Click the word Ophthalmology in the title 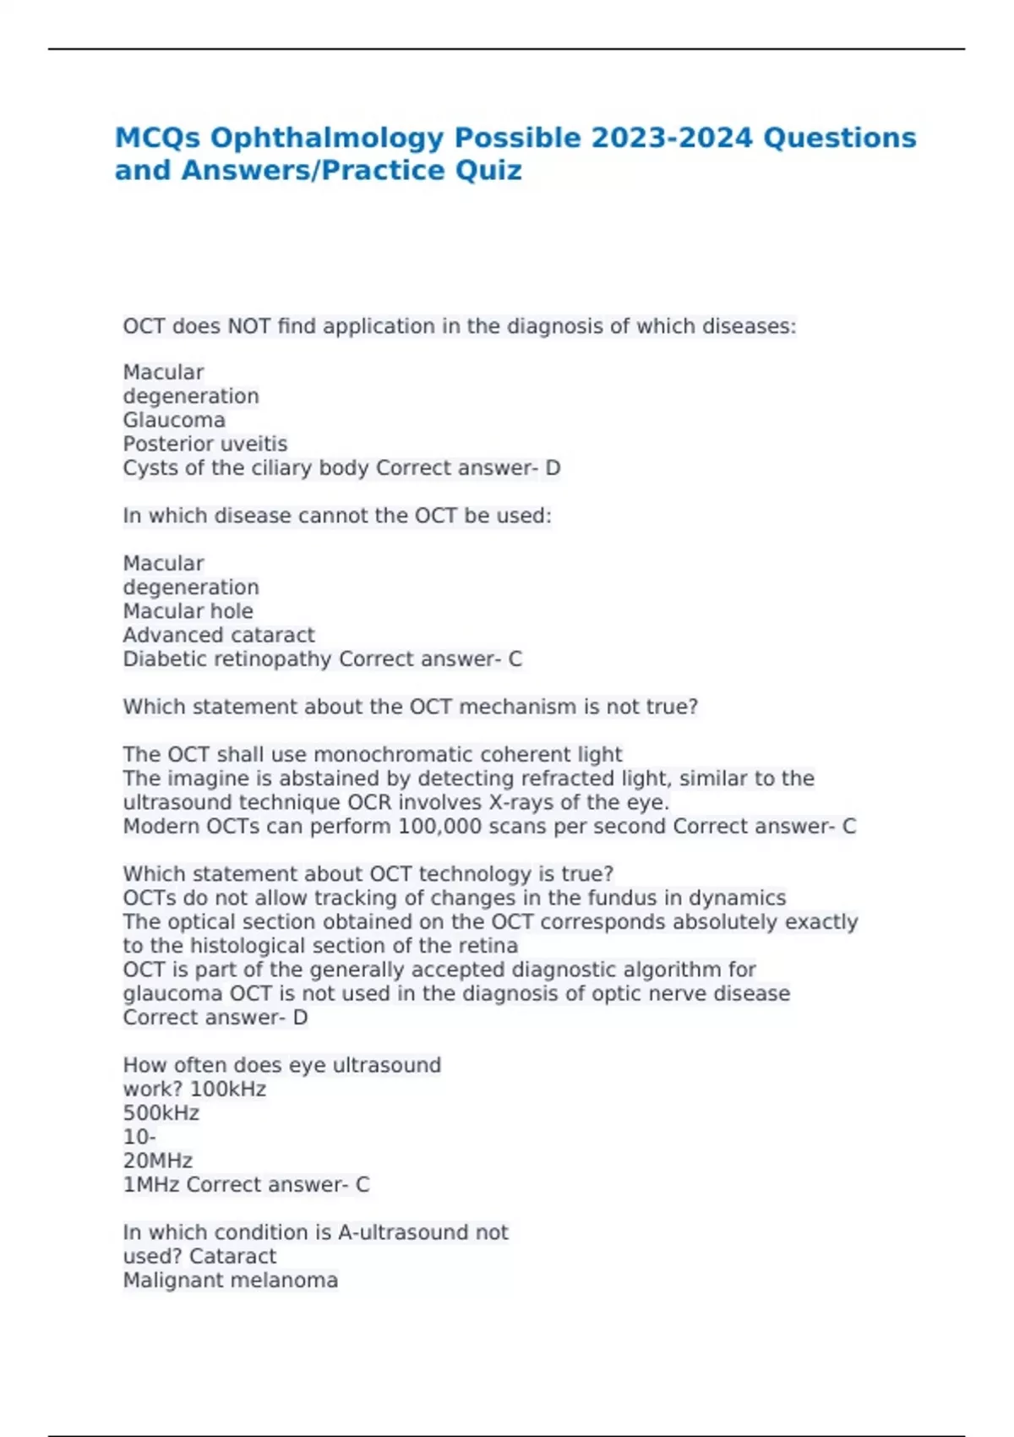coord(329,138)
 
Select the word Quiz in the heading coord(488,171)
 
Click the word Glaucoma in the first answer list coord(174,420)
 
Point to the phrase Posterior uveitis coord(205,444)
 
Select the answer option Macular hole coord(188,611)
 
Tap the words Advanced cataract coord(218,635)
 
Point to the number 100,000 coord(439,826)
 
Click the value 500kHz coord(161,1113)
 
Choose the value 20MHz coord(157,1161)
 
